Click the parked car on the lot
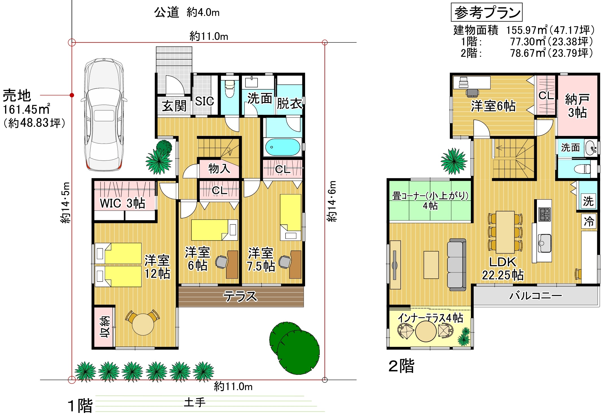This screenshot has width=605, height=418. pos(104,114)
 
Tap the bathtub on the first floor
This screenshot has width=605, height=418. pos(282,147)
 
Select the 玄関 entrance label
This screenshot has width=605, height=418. pos(174,106)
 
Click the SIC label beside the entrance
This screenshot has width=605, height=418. pos(204,101)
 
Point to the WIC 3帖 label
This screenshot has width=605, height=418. pos(123,203)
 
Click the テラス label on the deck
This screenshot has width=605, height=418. pos(240,296)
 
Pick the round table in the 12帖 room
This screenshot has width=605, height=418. pos(143,324)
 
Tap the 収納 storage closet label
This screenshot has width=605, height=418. pos(105,327)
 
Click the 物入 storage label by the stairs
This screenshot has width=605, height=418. pos(219,168)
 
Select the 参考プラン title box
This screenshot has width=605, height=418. pos(487,12)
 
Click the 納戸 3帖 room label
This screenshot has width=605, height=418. pos(577,106)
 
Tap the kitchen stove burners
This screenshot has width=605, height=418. pos(545,214)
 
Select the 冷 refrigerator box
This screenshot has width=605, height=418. pos(589,221)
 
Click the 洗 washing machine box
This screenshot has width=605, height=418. pos(588,201)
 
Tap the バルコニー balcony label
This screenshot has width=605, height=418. pos(536,296)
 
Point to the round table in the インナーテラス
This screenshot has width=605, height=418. pos(426,332)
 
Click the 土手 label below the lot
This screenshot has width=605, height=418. pos(195,402)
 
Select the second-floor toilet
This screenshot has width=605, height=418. pos(582,169)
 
